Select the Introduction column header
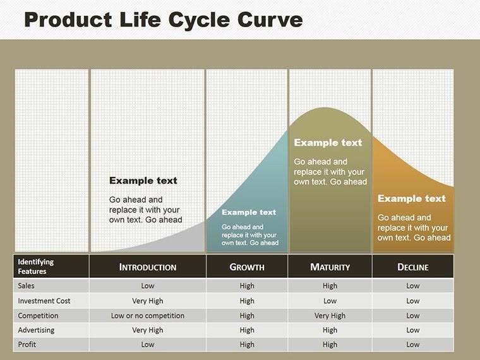point(148,267)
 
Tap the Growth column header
point(247,267)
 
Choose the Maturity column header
point(330,267)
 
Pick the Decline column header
point(412,267)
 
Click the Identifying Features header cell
point(36,267)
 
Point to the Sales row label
point(27,286)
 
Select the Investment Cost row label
point(44,301)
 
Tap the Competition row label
point(38,315)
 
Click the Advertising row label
point(36,330)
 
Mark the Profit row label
point(27,344)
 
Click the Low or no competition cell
point(148,315)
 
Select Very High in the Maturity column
point(330,315)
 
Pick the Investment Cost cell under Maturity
point(330,301)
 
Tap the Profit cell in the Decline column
point(412,344)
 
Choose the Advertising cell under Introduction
point(148,330)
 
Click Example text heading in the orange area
point(411,198)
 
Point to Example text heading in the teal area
point(249,212)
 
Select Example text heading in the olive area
point(328,143)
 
